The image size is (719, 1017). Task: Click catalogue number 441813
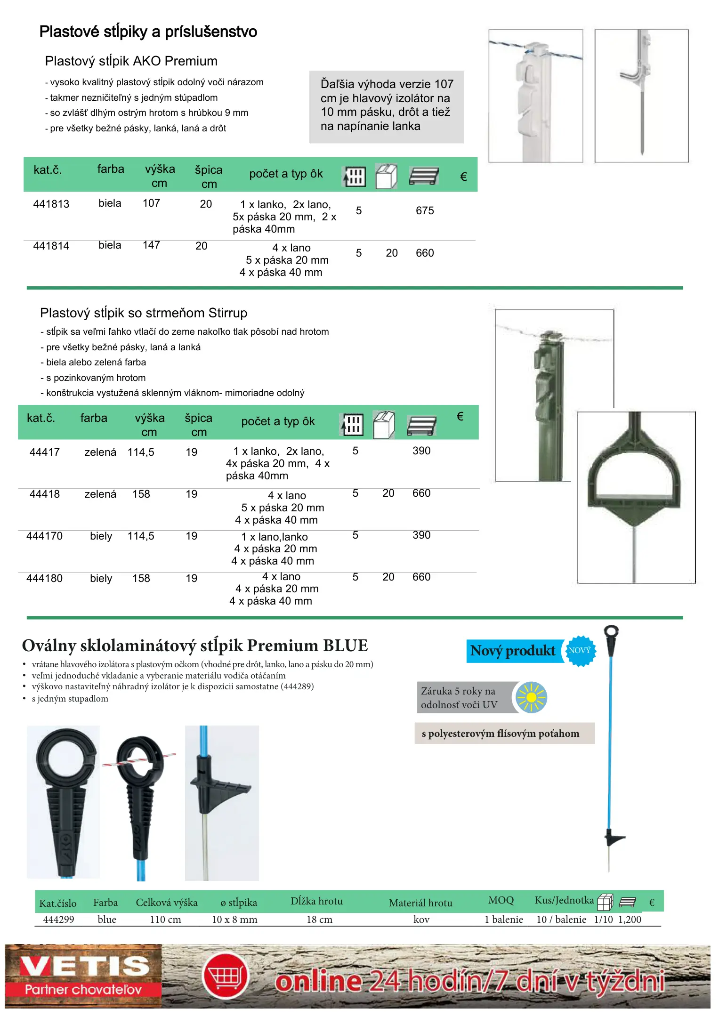pyautogui.click(x=51, y=204)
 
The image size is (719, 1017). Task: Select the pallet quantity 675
pyautogui.click(x=424, y=211)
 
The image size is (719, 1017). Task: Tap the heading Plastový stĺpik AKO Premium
pyautogui.click(x=131, y=61)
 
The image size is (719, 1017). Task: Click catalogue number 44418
pyautogui.click(x=45, y=494)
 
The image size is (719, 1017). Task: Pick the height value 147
pyautogui.click(x=151, y=245)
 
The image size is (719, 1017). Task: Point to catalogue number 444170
pyautogui.click(x=44, y=536)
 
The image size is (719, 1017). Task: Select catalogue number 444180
pyautogui.click(x=44, y=579)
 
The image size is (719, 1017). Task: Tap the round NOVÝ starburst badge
pyautogui.click(x=580, y=651)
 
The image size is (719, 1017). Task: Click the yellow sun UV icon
pyautogui.click(x=531, y=697)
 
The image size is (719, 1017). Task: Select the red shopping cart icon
pyautogui.click(x=226, y=976)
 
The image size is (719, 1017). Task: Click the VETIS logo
pyautogui.click(x=84, y=976)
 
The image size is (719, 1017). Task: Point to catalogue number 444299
pyautogui.click(x=58, y=920)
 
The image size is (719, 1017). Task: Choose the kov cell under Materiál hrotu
pyautogui.click(x=421, y=920)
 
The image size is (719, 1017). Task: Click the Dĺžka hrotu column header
pyautogui.click(x=316, y=901)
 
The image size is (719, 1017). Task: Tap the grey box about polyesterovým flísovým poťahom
pyautogui.click(x=504, y=734)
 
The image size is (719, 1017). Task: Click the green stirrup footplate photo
pyautogui.click(x=636, y=497)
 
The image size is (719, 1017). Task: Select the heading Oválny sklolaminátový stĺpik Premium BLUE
pyautogui.click(x=195, y=646)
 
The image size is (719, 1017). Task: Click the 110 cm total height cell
pyautogui.click(x=165, y=920)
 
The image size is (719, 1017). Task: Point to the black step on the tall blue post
pyautogui.click(x=614, y=838)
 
